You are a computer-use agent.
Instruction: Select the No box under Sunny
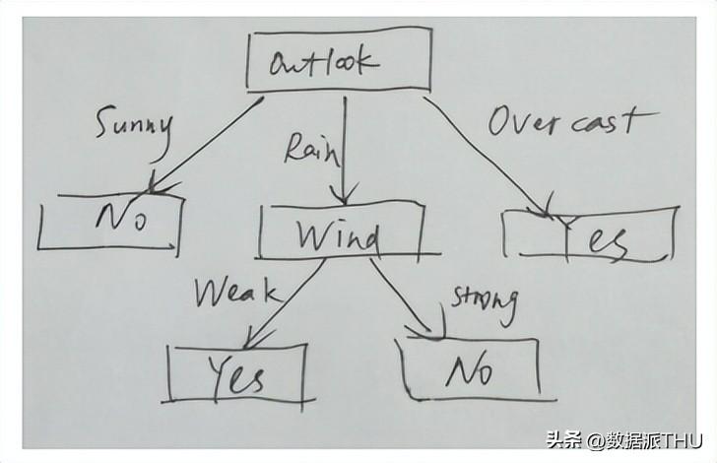[110, 222]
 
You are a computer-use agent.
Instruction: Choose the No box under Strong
[468, 368]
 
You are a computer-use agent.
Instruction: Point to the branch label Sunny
[133, 125]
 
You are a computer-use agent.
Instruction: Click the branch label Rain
[311, 150]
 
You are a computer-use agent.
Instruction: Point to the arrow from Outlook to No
[207, 143]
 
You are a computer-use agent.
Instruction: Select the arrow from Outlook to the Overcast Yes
[483, 153]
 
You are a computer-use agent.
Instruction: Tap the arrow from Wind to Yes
[286, 300]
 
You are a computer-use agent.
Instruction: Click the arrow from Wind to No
[404, 296]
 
